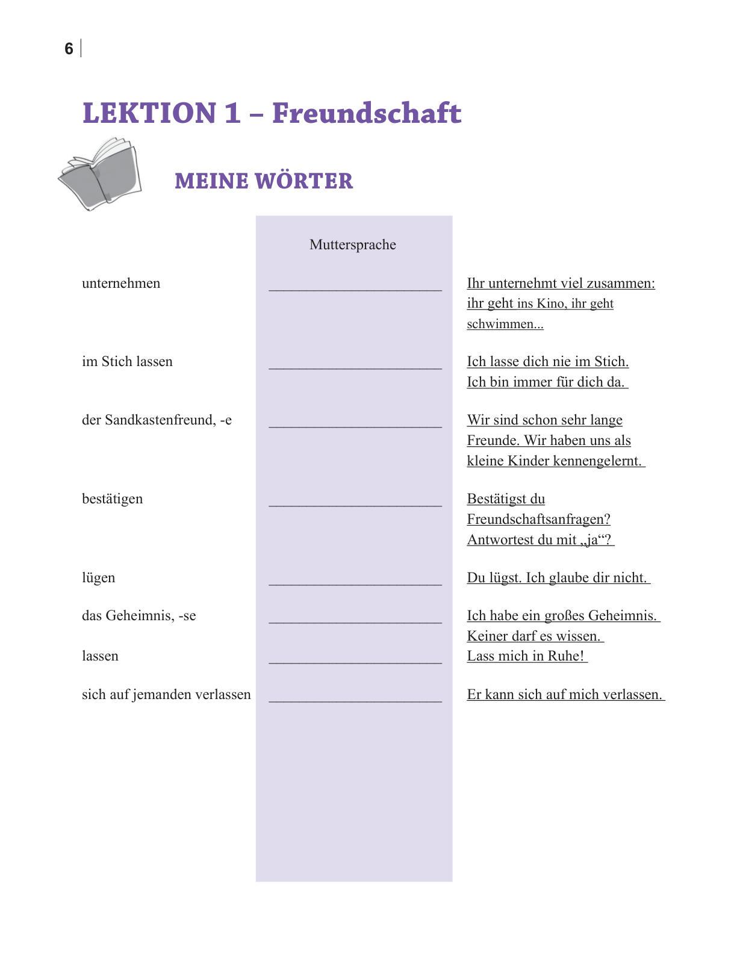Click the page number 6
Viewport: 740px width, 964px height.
[x=69, y=49]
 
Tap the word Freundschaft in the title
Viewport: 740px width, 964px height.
[x=367, y=113]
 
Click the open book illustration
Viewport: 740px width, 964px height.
[x=100, y=173]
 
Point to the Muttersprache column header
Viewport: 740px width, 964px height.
[x=352, y=244]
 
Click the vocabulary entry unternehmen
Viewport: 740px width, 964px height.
[x=121, y=284]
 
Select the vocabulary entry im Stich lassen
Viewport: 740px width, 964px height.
[x=127, y=362]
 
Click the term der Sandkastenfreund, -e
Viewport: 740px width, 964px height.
[x=157, y=420]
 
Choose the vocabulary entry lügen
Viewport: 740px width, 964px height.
[x=98, y=578]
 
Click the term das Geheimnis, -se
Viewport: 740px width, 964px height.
[x=138, y=616]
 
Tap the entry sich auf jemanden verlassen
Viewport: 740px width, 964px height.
[x=166, y=695]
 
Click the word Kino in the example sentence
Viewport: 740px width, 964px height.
[x=550, y=304]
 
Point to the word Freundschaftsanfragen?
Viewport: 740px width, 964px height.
[x=538, y=520]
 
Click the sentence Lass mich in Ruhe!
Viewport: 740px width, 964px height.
[x=526, y=656]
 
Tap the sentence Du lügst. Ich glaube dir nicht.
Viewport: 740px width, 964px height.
[x=557, y=578]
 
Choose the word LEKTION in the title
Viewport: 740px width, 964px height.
[x=149, y=113]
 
